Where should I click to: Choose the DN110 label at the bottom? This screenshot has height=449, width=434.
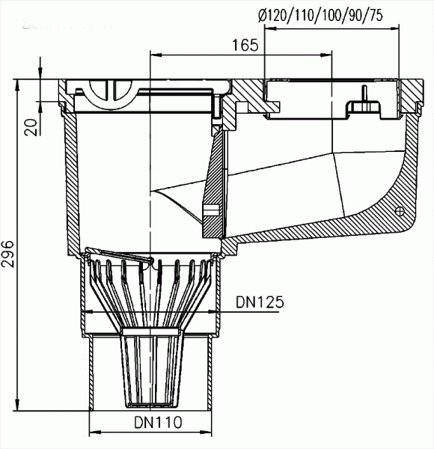[159, 423]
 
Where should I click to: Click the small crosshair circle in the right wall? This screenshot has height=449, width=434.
[398, 210]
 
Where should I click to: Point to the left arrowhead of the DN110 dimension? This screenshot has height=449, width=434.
[94, 434]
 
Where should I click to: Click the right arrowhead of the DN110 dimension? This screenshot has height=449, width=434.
[209, 434]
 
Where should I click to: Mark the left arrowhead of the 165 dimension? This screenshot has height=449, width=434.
[156, 54]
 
